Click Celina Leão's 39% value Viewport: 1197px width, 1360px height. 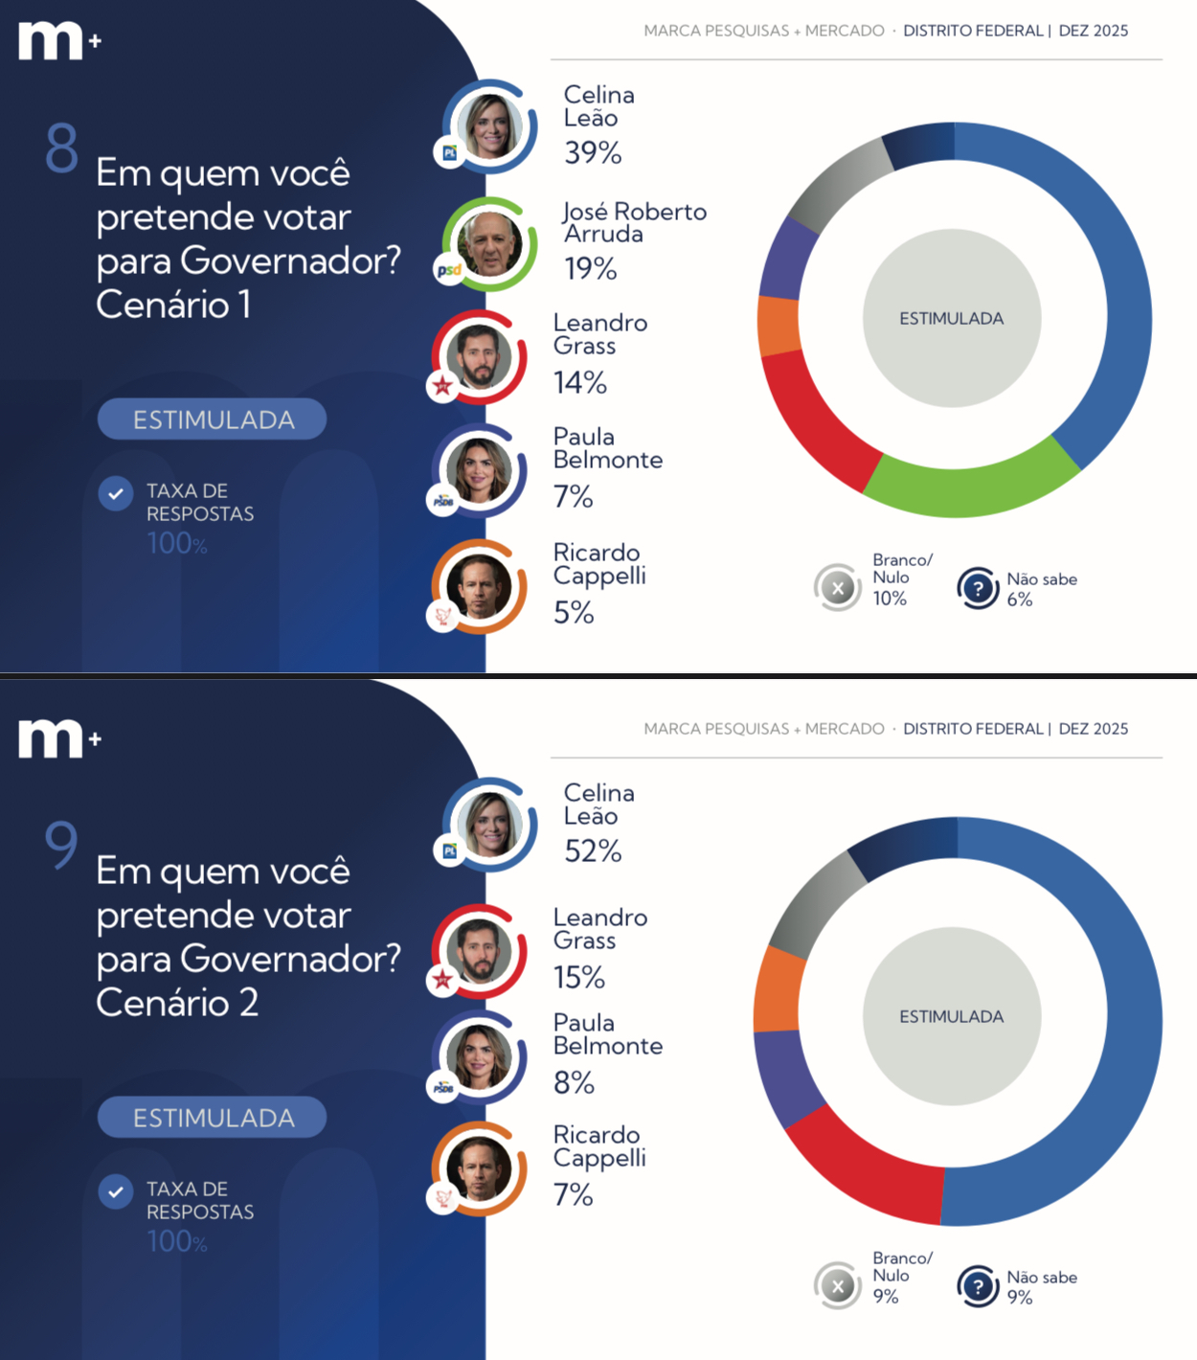point(593,152)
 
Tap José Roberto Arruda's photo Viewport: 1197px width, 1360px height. point(489,243)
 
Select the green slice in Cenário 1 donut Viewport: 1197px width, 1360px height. point(967,487)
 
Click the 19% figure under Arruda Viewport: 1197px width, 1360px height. point(590,269)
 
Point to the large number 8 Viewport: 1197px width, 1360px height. point(62,148)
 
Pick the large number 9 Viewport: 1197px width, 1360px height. point(61,844)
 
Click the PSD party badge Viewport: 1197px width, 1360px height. point(448,270)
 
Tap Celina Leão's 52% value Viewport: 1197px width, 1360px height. point(593,850)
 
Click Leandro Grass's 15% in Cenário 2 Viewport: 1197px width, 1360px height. point(579,977)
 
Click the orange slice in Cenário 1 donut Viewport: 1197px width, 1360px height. point(778,326)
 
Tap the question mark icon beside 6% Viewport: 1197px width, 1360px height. point(978,588)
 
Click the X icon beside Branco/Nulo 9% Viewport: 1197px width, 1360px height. point(838,1286)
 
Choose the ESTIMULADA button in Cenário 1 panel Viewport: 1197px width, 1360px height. point(212,419)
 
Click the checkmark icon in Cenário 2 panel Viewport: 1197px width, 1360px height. point(116,1191)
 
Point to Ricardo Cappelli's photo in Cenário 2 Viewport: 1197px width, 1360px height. point(479,1168)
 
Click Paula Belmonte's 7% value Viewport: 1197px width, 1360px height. point(573,496)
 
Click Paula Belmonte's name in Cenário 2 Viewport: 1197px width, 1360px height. point(607,1034)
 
